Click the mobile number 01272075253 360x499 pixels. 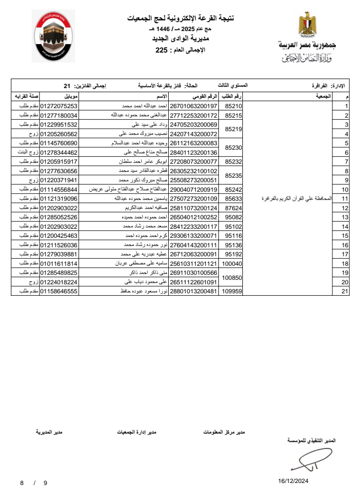pyautogui.click(x=59, y=107)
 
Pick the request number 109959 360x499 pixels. pyautogui.click(x=232, y=291)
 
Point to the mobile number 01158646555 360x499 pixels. pyautogui.click(x=59, y=291)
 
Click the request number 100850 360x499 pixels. pyautogui.click(x=232, y=277)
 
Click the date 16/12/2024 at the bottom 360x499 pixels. pyautogui.click(x=293, y=481)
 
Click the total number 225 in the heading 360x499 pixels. pyautogui.click(x=162, y=50)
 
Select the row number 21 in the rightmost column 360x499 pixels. pyautogui.click(x=345, y=291)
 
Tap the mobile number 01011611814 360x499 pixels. pyautogui.click(x=59, y=263)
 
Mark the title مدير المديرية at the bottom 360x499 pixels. pyautogui.click(x=50, y=431)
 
